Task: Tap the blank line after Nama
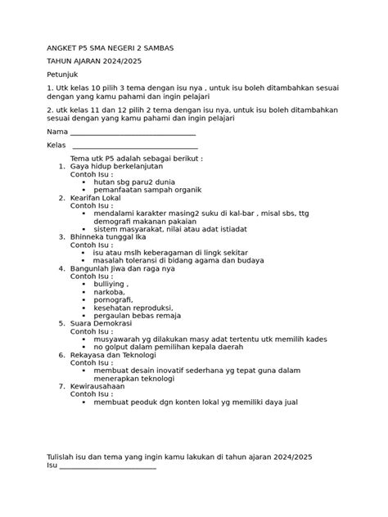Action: [x=133, y=133]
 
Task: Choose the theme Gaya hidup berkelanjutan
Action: [x=118, y=166]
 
